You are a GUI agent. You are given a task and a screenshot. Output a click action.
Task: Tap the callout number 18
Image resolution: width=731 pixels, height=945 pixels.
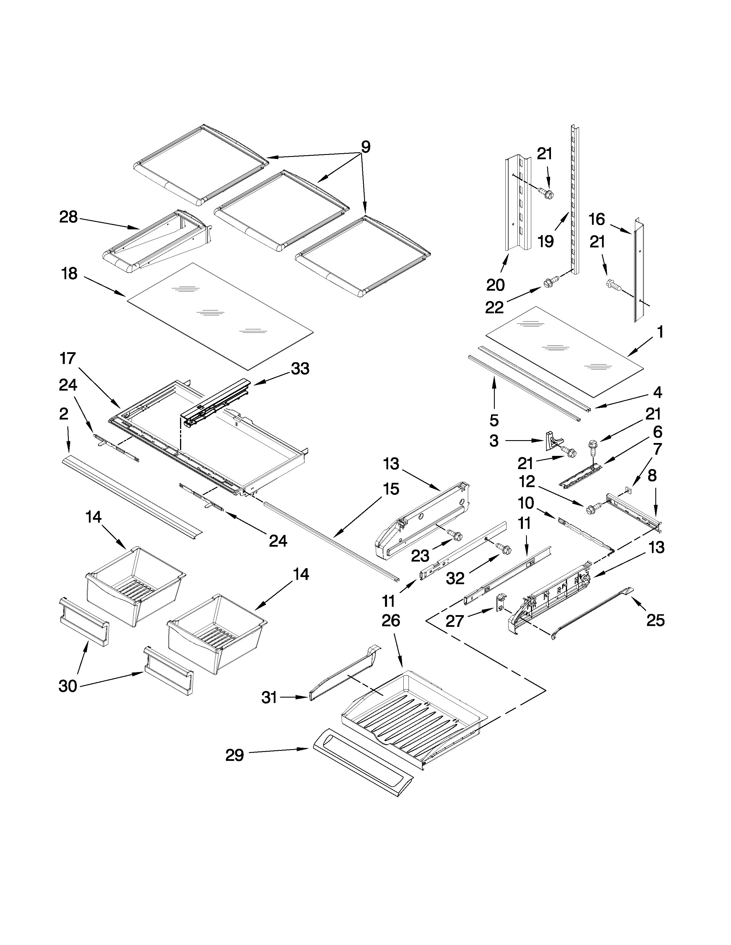pos(70,273)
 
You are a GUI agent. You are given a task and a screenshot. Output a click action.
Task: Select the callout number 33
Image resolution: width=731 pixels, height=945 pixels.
pos(300,369)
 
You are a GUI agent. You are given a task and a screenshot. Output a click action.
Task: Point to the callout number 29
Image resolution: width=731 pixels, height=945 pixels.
pos(234,755)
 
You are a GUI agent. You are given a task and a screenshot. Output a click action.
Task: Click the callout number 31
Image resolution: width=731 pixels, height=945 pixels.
pos(269,698)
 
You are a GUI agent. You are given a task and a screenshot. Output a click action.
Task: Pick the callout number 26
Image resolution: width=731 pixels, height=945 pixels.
pos(391,621)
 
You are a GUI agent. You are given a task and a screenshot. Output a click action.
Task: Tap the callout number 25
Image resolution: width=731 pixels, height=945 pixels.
pos(655,621)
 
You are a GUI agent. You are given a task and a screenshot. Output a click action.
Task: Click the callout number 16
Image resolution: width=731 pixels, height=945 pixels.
pos(597,219)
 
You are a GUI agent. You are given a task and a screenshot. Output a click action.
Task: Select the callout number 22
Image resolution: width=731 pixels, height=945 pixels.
pos(494,308)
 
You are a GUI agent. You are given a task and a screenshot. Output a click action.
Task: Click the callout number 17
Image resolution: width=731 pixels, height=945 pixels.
pos(68,358)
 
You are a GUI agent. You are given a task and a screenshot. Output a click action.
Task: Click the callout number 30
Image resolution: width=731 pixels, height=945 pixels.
pos(68,686)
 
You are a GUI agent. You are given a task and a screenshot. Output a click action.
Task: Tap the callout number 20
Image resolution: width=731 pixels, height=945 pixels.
pos(495,285)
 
